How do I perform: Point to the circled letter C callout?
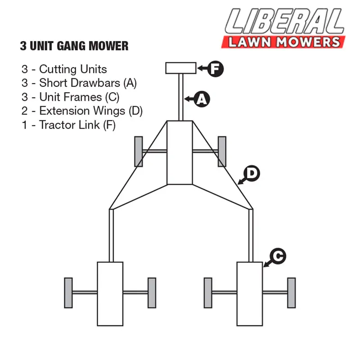[278, 256]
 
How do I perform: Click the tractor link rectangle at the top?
[181, 68]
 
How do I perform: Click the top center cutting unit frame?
[180, 153]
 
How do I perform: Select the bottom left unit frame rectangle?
[110, 293]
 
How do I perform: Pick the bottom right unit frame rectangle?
[250, 293]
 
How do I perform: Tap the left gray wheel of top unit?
[139, 151]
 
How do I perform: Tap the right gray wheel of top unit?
[222, 151]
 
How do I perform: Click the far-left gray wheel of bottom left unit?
[68, 293]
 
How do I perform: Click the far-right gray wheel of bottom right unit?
[292, 293]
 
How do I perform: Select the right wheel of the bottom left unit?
[152, 293]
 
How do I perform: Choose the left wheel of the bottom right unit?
[208, 293]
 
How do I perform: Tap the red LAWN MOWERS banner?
[283, 42]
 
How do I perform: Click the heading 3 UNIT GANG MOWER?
[74, 46]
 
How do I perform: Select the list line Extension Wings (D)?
[82, 111]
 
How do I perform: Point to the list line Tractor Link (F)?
[68, 125]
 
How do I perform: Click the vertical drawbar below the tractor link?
[181, 97]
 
